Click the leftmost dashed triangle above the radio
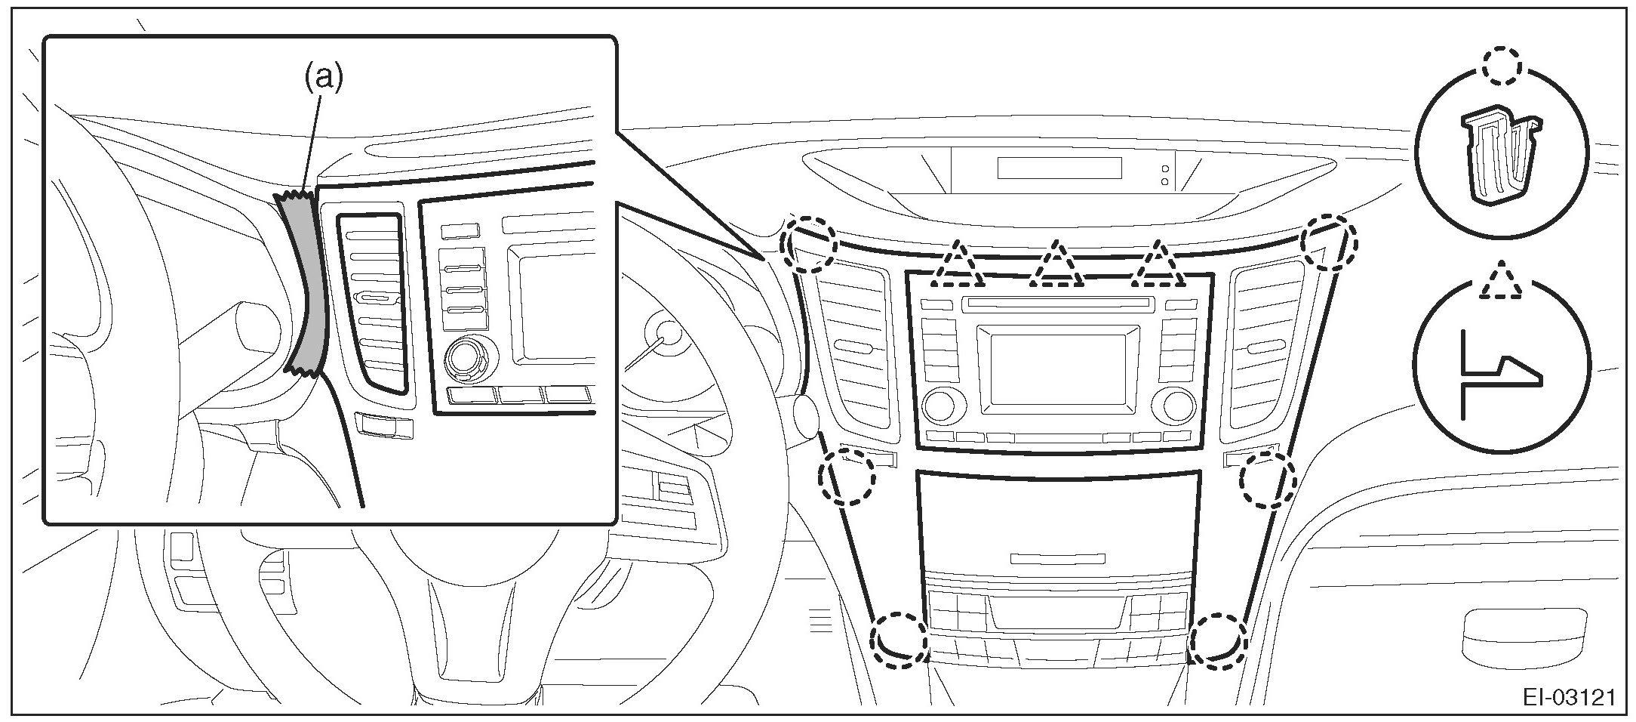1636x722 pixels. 958,267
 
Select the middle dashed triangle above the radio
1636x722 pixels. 1056,267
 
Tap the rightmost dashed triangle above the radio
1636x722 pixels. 1158,267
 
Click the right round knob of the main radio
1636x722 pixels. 1179,406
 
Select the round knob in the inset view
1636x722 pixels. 469,359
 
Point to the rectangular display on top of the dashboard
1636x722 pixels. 1059,168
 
